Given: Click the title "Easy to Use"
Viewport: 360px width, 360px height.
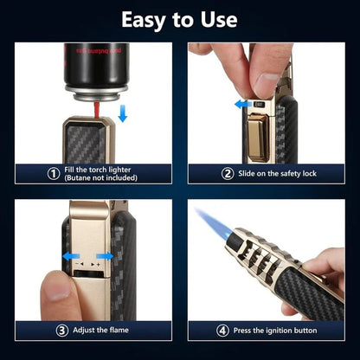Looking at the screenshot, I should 180,19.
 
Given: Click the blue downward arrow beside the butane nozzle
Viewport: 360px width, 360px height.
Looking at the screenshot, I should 121,112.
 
